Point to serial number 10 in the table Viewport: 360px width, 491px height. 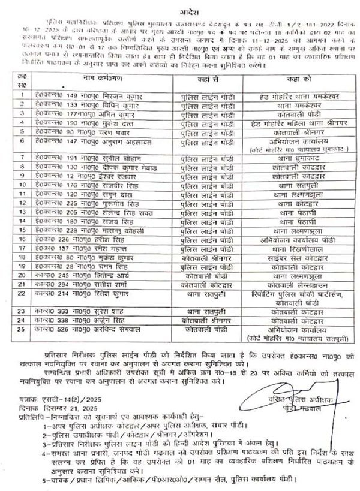coord(22,186)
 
